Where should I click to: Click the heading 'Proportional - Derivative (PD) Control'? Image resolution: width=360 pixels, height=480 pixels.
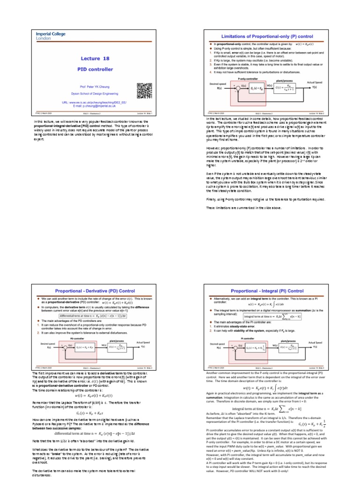pyautogui.click(x=95, y=291)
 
